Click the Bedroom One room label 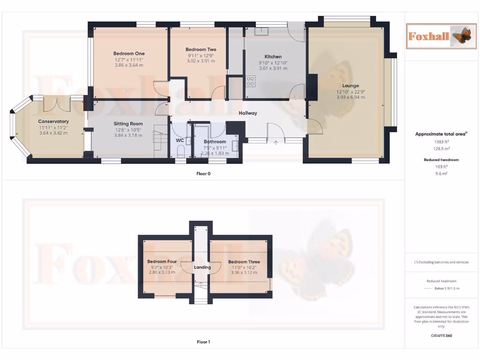129,53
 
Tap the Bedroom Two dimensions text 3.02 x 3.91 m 201,61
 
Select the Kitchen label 273,57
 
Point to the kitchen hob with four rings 250,82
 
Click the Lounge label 350,86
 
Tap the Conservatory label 53,121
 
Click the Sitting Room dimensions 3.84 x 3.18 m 128,135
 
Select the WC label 180,140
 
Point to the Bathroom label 215,142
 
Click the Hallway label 247,113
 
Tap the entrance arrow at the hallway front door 276,142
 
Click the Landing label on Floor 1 202,267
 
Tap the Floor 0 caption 203,173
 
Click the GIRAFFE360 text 441,336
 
